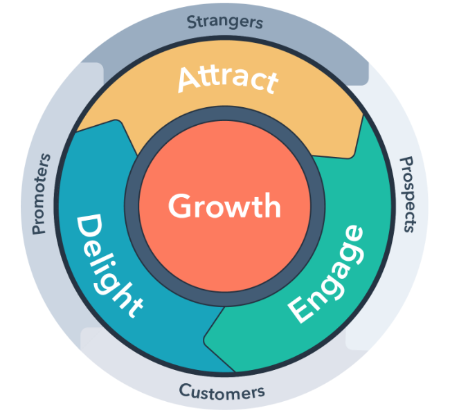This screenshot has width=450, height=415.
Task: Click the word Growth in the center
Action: tap(224, 207)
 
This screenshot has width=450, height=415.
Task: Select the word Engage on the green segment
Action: tap(326, 273)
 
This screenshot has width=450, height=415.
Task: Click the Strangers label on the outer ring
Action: tap(225, 21)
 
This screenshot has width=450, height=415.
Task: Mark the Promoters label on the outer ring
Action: tap(39, 193)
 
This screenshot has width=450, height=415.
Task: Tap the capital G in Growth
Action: tap(179, 207)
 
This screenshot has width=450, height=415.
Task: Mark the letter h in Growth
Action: tap(271, 206)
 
